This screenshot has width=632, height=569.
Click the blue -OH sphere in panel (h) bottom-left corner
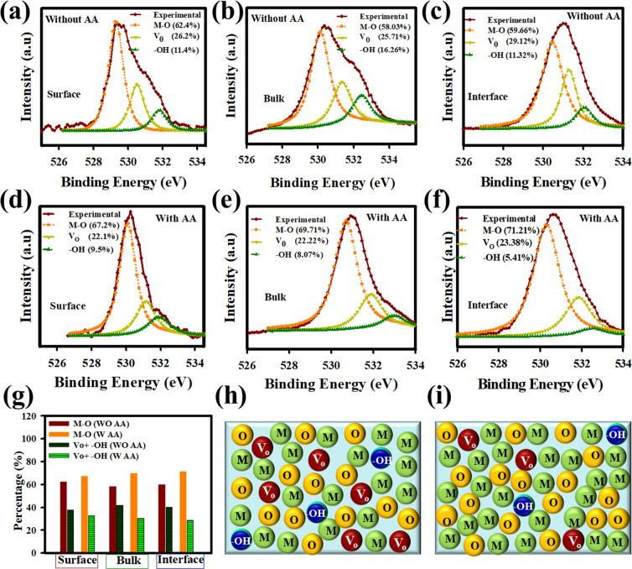click(x=241, y=537)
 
